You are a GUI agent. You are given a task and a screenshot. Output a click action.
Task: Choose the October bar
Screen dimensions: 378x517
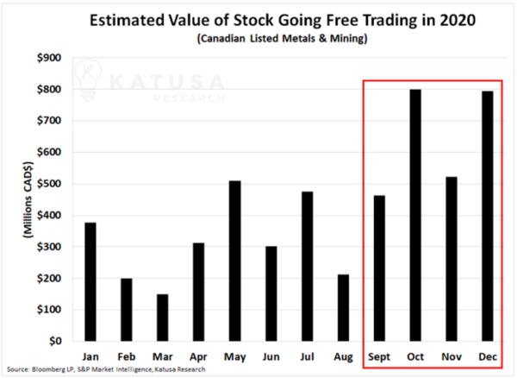pos(414,215)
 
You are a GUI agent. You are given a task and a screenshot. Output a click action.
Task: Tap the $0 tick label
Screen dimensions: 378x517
pos(53,341)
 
